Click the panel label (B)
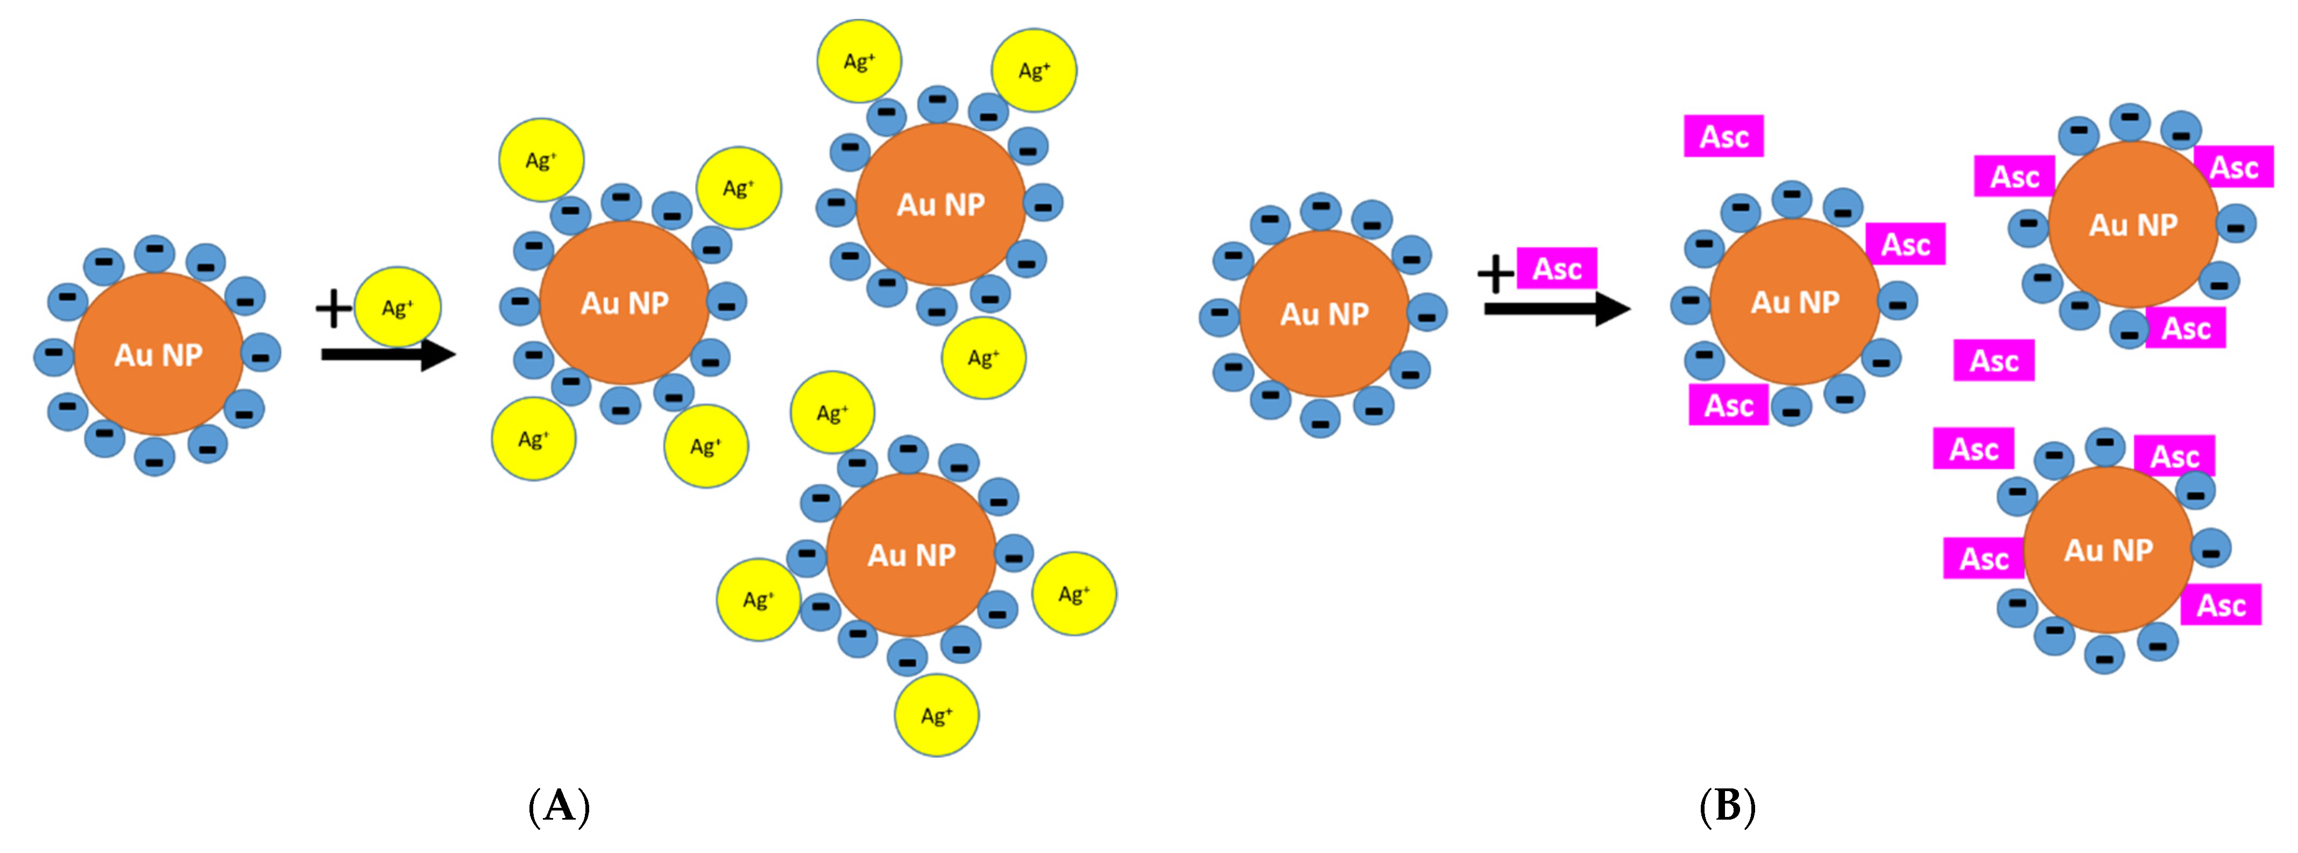pos(1727,807)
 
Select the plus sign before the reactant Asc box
pos(1495,273)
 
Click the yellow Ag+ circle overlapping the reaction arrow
pos(397,307)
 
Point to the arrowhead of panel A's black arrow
pos(439,354)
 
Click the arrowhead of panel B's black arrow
pos(1613,309)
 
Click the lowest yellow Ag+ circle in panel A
pos(937,716)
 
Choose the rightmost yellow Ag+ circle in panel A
pos(1074,594)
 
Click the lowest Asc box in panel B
pos(2221,605)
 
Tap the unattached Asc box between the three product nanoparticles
pos(1994,361)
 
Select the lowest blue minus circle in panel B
pos(2104,656)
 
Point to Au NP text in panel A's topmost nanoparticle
pos(941,205)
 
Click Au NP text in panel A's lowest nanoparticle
pos(911,555)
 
